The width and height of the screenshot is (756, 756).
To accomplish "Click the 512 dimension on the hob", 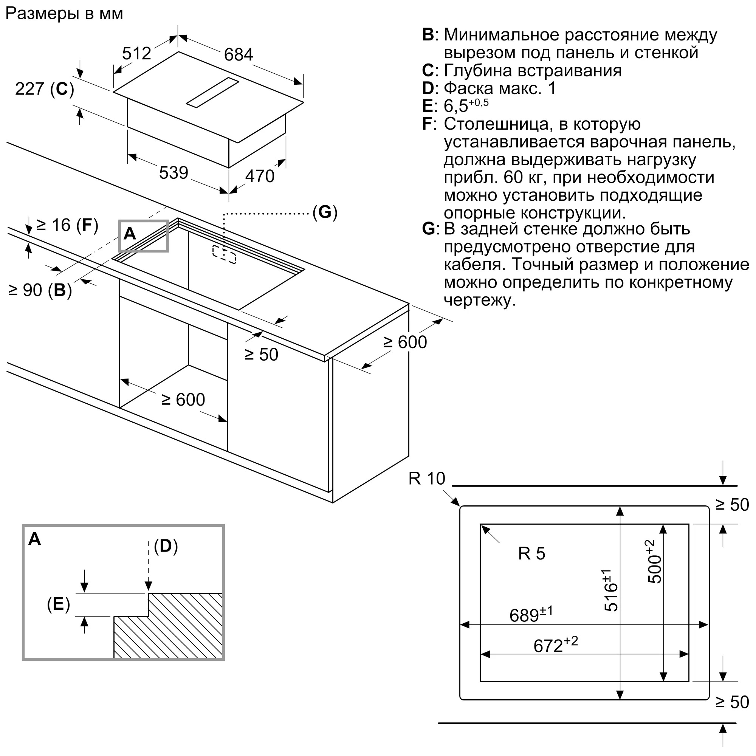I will [x=136, y=53].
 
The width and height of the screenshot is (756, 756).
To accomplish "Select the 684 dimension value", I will [x=238, y=54].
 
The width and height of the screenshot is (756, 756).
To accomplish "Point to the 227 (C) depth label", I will [x=44, y=89].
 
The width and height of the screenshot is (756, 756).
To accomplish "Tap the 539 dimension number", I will [x=174, y=173].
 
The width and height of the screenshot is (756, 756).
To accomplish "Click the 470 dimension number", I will [x=260, y=176].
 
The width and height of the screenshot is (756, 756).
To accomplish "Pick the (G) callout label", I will [x=324, y=212].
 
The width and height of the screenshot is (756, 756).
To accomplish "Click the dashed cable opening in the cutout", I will [x=224, y=255].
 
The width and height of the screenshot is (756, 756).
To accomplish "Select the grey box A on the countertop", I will [x=144, y=235].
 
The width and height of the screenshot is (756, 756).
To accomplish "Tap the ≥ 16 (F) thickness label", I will [x=67, y=225].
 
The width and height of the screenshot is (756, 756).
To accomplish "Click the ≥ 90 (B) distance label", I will [x=40, y=290].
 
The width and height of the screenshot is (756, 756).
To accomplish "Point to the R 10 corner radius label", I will [x=426, y=479].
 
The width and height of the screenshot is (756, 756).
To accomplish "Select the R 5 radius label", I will [x=531, y=554].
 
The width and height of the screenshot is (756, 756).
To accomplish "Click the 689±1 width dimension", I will [x=531, y=615].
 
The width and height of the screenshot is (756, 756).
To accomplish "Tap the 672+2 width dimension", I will [x=555, y=645].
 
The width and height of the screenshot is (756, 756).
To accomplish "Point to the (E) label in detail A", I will [x=58, y=604].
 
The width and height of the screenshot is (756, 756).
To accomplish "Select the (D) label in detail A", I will [x=166, y=546].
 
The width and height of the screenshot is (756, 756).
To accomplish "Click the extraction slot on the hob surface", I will [x=212, y=92].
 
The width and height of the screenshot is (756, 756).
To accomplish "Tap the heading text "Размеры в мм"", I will [x=64, y=14].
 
